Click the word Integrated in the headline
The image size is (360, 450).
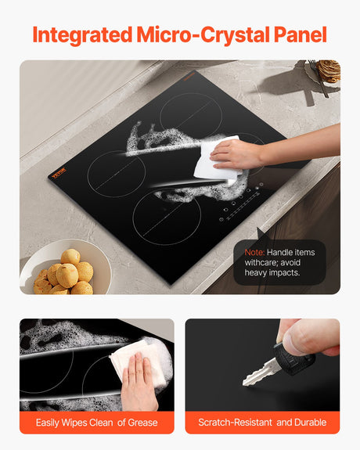pos(83,35)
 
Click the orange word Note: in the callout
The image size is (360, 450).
pos(254,252)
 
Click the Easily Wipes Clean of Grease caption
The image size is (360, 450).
pos(97,423)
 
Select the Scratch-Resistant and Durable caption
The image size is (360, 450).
pos(262,423)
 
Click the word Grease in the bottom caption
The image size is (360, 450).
pos(142,423)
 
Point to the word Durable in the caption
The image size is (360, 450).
pos(309,423)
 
